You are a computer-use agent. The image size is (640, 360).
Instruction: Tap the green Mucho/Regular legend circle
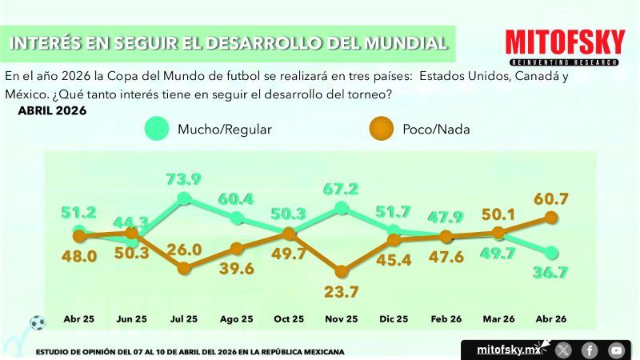click(x=158, y=128)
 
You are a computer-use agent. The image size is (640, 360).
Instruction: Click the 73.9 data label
click(x=183, y=178)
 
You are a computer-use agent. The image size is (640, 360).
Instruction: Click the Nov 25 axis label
click(x=342, y=319)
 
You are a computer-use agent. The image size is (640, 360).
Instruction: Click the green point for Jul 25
click(x=184, y=198)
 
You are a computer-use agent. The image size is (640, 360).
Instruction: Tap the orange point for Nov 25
click(x=342, y=271)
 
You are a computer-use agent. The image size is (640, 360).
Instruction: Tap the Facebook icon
click(x=590, y=350)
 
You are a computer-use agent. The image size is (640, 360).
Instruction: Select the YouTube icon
click(x=616, y=350)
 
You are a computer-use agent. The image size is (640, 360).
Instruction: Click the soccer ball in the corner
click(x=37, y=323)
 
